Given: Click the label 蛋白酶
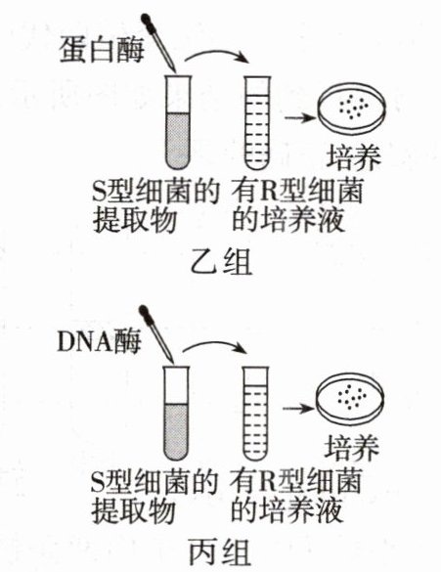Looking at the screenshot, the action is pos(102,50).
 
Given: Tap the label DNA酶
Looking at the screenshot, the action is pos(99,342).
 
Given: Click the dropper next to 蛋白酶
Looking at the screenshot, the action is pos(159,43).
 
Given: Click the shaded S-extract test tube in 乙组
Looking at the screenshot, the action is pos(178,122).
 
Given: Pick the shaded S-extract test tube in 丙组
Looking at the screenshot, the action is pos(176,413).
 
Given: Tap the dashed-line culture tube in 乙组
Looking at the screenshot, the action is pos(257,123).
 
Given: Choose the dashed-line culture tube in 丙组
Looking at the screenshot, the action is pos(255,413).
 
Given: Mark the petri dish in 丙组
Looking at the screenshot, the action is pos(350,398).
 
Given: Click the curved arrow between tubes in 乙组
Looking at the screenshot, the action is pos(216,52).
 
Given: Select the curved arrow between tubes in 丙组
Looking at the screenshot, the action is pos(214,343).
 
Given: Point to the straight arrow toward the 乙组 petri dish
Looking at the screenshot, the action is pos(299,118).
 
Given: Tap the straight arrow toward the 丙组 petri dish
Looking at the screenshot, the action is pos(298,409).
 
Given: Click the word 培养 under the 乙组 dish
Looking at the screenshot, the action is pos(353,157).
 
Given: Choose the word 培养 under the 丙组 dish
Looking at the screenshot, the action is pos(352,447).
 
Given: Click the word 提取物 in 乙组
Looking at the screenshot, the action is pos(135,220).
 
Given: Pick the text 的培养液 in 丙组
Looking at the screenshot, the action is pos(287,509).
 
